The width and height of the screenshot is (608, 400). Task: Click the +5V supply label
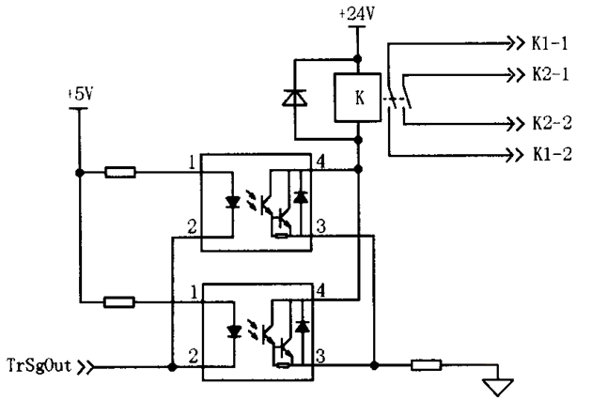[x=81, y=95]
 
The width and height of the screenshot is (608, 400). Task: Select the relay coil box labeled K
[x=357, y=97]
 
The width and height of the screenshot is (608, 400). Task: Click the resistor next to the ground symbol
[x=427, y=363]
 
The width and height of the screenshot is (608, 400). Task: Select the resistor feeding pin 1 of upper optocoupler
[x=120, y=172]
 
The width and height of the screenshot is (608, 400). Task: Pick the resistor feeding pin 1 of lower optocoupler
[x=120, y=302]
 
